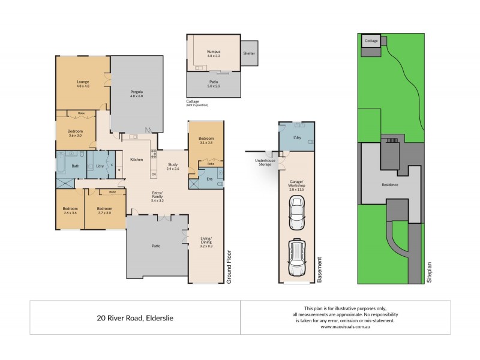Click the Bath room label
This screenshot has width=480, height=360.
pyautogui.click(x=76, y=166)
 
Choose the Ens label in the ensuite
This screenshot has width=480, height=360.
pyautogui.click(x=209, y=178)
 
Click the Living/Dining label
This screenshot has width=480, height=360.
pyautogui.click(x=206, y=242)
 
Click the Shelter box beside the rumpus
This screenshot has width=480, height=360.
pyautogui.click(x=249, y=54)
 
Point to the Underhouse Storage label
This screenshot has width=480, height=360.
pyautogui.click(x=265, y=163)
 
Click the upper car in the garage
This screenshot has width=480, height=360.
pyautogui.click(x=296, y=213)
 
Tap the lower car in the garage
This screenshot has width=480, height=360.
pyautogui.click(x=296, y=257)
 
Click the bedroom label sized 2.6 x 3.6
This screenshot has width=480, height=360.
pyautogui.click(x=70, y=210)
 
